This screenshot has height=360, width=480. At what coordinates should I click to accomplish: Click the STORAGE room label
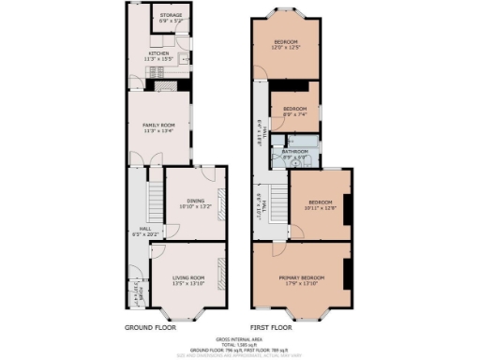click(x=170, y=16)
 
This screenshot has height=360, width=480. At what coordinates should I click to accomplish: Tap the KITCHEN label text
click(x=157, y=53)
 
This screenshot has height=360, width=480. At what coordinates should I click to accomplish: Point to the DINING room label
click(x=195, y=200)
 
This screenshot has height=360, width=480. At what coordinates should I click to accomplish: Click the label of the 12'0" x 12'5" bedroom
click(x=286, y=43)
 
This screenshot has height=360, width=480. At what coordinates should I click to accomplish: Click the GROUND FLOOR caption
click(x=153, y=329)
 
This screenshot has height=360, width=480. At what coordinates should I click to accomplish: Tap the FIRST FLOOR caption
click(x=272, y=329)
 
